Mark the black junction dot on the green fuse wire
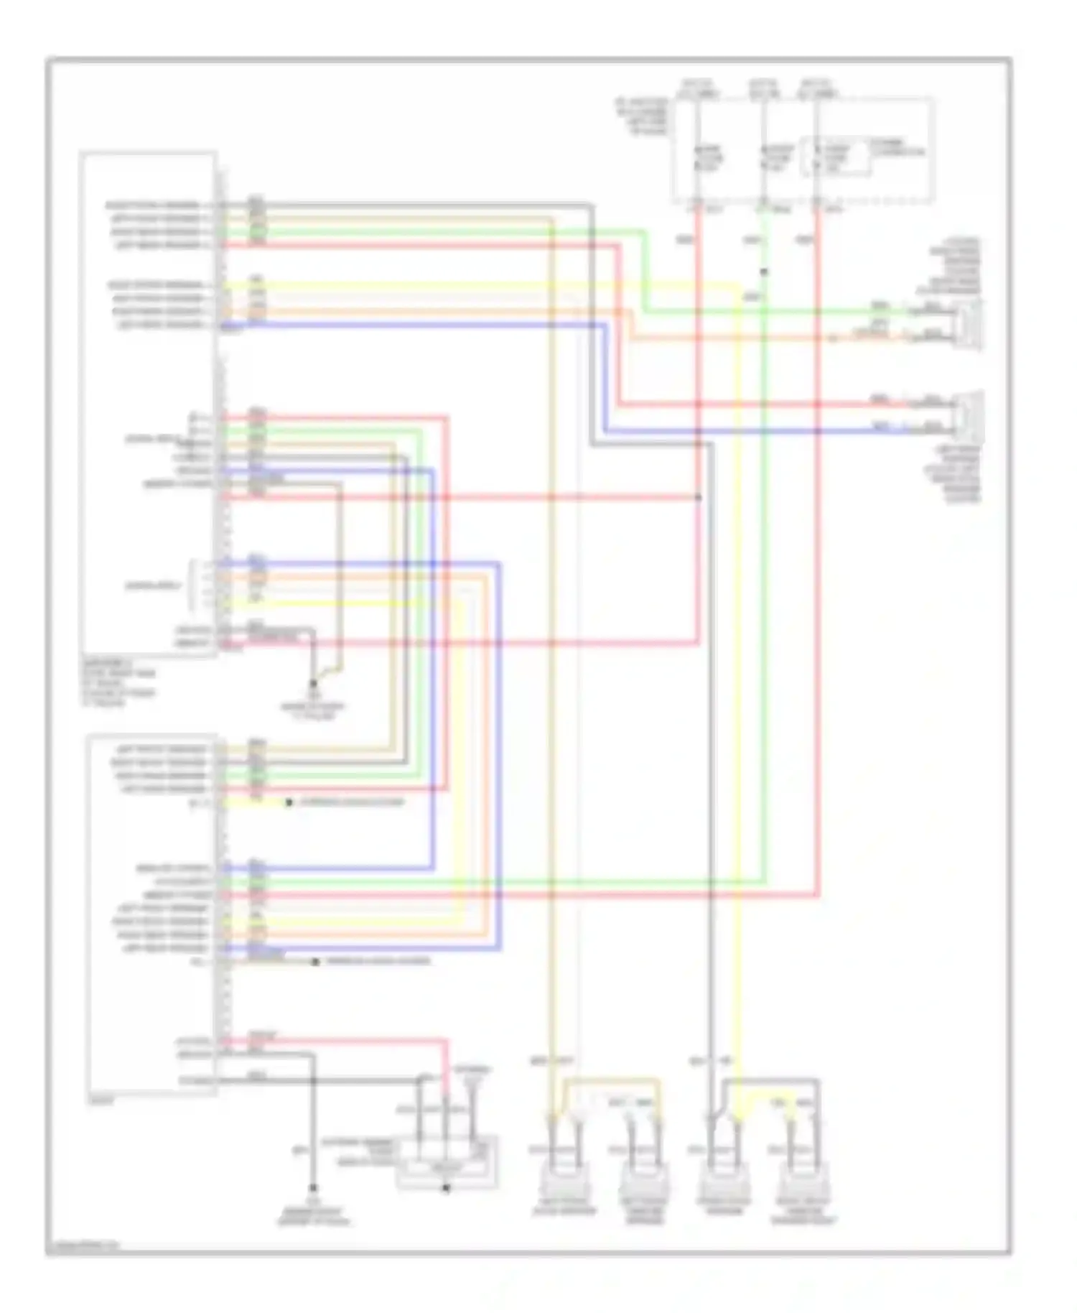(x=764, y=272)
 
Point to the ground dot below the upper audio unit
(x=313, y=683)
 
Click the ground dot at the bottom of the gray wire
(x=313, y=1189)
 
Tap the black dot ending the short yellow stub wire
(x=289, y=802)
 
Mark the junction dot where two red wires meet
(x=699, y=497)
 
